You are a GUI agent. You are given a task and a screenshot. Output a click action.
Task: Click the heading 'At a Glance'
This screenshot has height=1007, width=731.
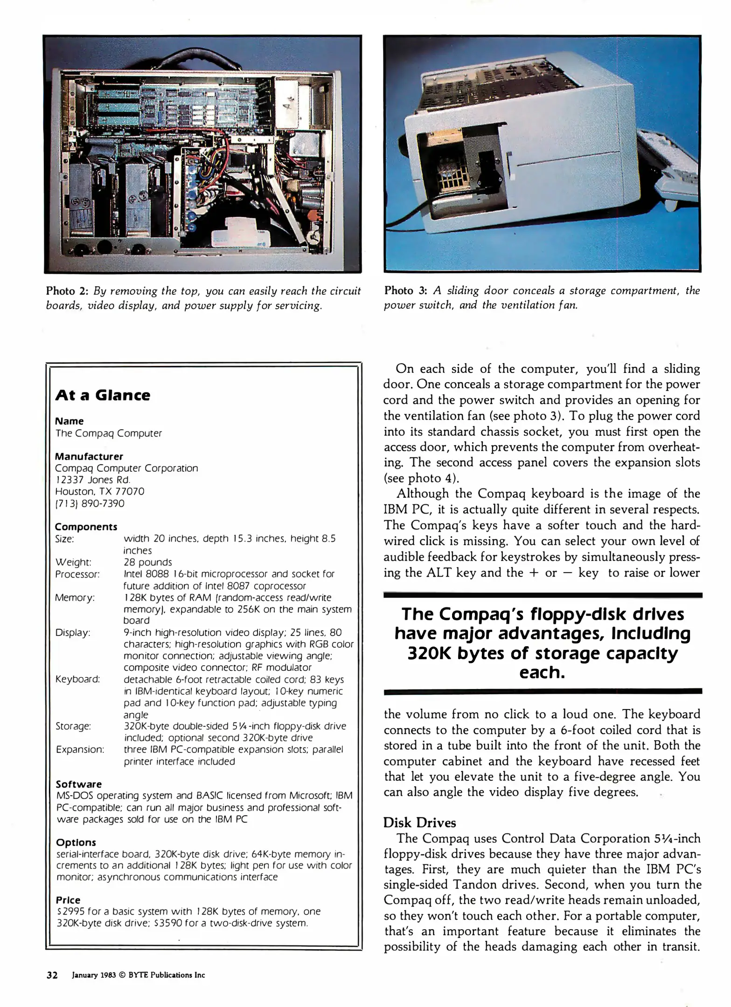click(x=103, y=395)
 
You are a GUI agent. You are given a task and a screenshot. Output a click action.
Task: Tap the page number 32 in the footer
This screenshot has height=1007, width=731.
click(x=52, y=975)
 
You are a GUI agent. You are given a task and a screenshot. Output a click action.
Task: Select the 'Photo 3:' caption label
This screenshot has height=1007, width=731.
click(x=405, y=291)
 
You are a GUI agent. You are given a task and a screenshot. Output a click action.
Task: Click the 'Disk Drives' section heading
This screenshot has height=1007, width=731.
click(x=419, y=822)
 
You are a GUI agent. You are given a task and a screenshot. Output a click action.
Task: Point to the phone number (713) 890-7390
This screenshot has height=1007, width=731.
click(x=90, y=504)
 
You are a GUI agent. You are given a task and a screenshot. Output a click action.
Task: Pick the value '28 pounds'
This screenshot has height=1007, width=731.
click(x=147, y=562)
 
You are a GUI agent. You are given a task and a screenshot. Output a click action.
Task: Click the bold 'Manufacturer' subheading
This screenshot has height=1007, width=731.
click(x=89, y=456)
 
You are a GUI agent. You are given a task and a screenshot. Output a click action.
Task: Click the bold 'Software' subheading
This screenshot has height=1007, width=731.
click(x=78, y=784)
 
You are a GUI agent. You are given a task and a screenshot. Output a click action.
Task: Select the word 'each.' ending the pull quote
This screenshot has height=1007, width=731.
click(x=542, y=672)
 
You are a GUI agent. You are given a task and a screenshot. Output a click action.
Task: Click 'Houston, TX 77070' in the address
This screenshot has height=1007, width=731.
click(x=99, y=491)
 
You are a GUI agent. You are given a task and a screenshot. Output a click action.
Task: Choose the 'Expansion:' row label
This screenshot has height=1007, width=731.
click(x=80, y=750)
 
